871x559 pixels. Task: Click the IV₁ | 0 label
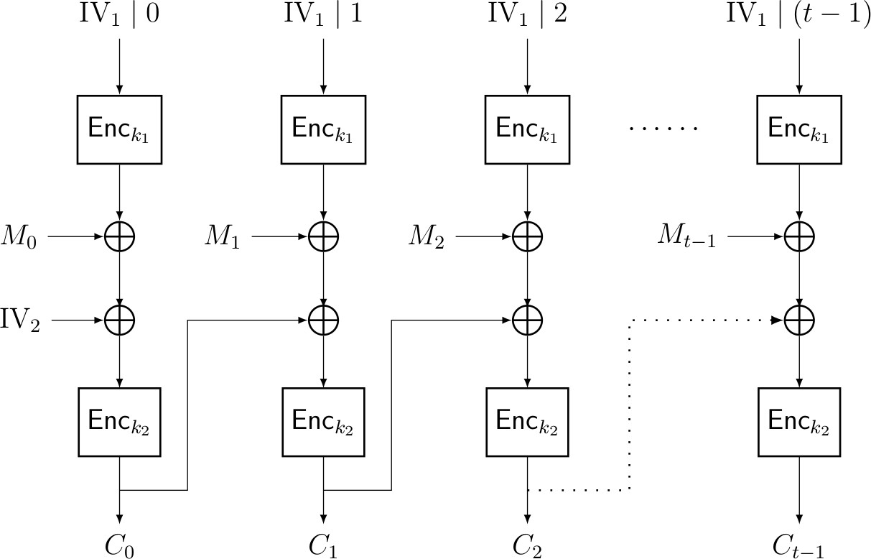(119, 15)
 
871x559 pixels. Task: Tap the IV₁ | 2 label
(528, 15)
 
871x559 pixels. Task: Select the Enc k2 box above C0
(119, 422)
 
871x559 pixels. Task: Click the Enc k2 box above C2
(528, 422)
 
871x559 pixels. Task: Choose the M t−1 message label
(686, 237)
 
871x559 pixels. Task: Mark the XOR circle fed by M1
(323, 236)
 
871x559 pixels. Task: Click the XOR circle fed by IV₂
(119, 320)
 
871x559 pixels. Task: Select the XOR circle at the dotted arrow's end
(798, 320)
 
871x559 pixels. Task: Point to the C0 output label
(119, 547)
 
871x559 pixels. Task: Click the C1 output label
(323, 547)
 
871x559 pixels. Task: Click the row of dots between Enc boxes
(663, 129)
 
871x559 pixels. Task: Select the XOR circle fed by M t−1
(798, 236)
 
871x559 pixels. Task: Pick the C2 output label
(528, 547)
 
